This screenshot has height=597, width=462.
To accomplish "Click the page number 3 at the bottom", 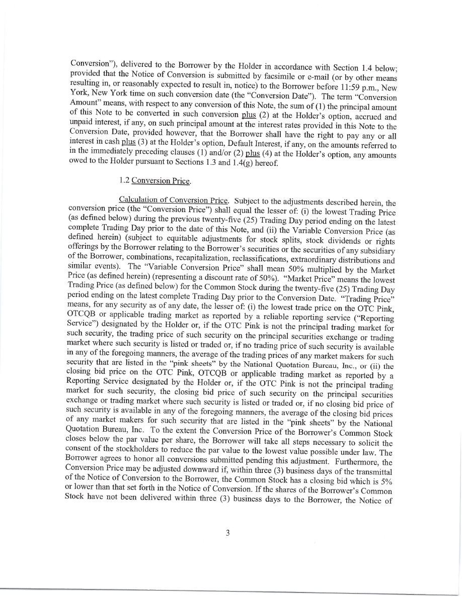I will click(227, 533).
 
